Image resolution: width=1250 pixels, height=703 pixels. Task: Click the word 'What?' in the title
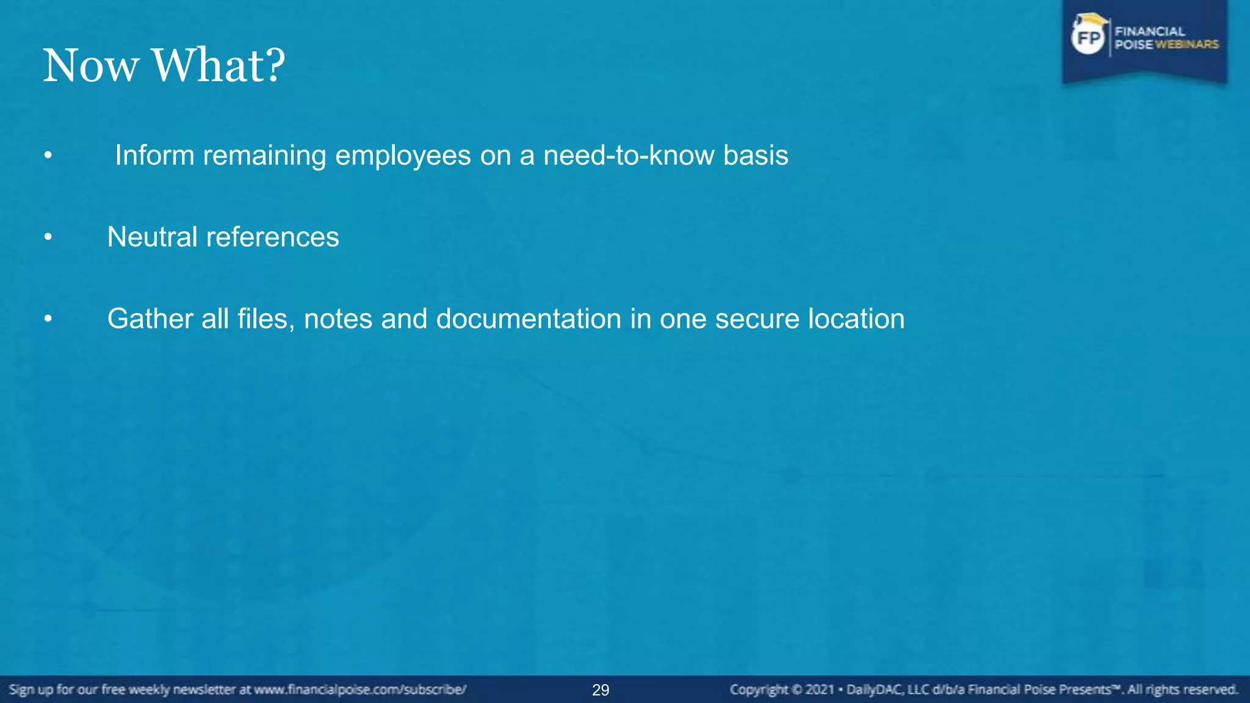pos(219,65)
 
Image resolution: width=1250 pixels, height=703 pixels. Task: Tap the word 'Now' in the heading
pos(90,65)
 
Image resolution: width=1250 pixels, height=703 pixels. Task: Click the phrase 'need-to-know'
pos(629,155)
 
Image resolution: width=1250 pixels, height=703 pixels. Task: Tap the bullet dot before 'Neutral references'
pos(48,237)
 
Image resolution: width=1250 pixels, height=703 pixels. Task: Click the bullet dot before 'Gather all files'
pos(48,319)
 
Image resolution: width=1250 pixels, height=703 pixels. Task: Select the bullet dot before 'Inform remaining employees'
pos(48,156)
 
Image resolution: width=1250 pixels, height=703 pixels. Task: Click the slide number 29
pos(601,690)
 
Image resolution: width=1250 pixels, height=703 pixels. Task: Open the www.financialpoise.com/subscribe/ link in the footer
pos(360,690)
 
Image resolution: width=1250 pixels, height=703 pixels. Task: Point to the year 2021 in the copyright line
pos(819,690)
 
